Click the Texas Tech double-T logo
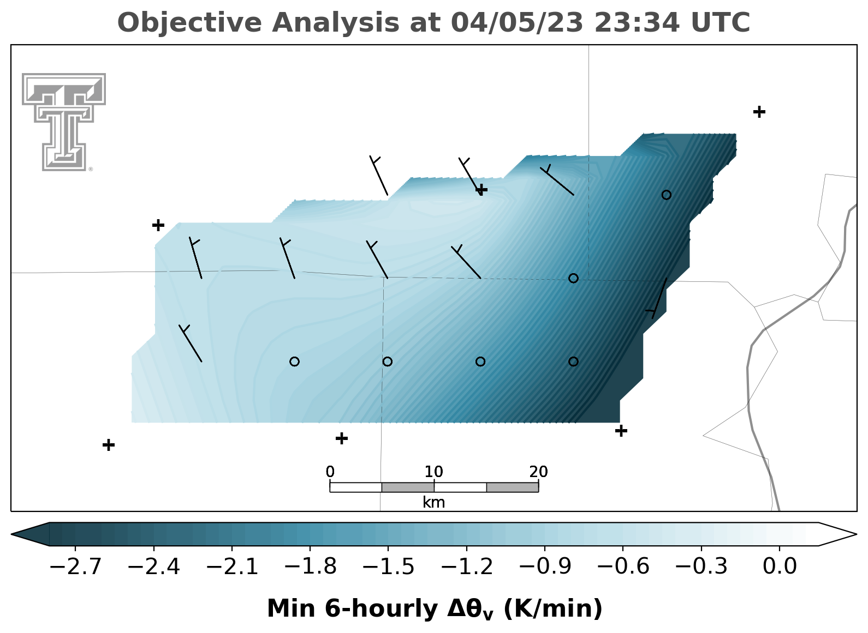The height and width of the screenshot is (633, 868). coord(64,122)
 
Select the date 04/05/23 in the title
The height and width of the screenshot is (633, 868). coord(517,23)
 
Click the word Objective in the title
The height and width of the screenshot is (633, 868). coord(190,23)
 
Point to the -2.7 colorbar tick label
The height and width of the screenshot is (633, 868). coord(75,566)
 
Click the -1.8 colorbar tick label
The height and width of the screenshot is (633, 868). coord(311,566)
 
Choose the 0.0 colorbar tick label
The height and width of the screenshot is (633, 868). coord(779,566)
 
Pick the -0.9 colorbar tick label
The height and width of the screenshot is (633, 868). coord(545,566)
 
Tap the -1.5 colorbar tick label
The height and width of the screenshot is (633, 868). coord(388,566)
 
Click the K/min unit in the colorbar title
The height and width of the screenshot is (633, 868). coord(552,608)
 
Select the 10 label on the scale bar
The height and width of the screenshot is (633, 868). coord(433,472)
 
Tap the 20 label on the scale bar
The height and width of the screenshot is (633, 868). coord(538,472)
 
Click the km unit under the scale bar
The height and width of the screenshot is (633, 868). coord(433,503)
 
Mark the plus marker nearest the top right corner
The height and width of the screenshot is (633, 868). coord(759,112)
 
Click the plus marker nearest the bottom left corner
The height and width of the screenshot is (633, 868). coord(109,444)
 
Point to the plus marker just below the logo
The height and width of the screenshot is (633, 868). coord(158,225)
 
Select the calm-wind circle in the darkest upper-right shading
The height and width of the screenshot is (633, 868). coord(666,195)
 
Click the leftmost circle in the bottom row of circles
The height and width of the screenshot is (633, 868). coord(294,361)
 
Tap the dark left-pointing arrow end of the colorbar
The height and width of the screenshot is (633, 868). coord(30,534)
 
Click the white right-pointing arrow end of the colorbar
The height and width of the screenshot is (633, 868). coord(837,534)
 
